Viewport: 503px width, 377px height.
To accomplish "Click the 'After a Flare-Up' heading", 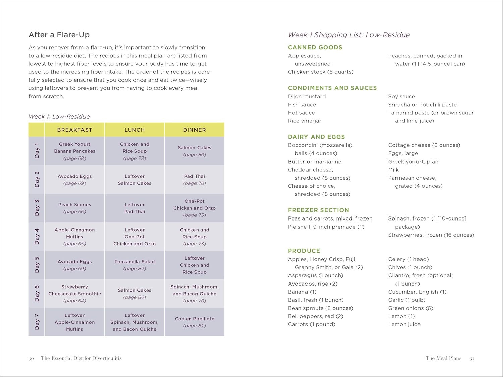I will click(59, 35).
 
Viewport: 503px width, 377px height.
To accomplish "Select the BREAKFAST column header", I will click(74, 130).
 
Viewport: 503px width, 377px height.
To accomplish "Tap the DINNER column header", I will click(194, 130).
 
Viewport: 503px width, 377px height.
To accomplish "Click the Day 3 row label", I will click(37, 208).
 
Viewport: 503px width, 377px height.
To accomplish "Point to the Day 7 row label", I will click(37, 322).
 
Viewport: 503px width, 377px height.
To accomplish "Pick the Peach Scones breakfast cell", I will click(74, 208).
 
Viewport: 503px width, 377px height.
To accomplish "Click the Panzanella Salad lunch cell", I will click(134, 265).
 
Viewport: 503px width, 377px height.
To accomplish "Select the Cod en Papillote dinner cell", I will click(194, 322).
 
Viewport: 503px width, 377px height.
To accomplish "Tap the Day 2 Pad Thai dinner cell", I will click(194, 179).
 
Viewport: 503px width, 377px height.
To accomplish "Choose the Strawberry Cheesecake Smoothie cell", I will click(74, 293).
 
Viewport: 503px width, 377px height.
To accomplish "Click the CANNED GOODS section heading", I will click(315, 47).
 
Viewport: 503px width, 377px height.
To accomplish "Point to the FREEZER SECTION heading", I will click(318, 210).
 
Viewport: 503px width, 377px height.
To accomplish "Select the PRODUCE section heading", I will click(304, 251).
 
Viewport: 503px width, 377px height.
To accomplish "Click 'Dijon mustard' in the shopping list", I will click(306, 96).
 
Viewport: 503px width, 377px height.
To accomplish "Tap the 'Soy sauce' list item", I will click(401, 96).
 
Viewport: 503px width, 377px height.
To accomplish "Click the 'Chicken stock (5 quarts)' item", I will click(321, 72).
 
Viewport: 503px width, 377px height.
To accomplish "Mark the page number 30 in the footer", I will click(31, 358).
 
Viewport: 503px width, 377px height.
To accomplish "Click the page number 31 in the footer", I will click(472, 358).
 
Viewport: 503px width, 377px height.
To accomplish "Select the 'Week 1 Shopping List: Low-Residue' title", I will click(349, 35).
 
